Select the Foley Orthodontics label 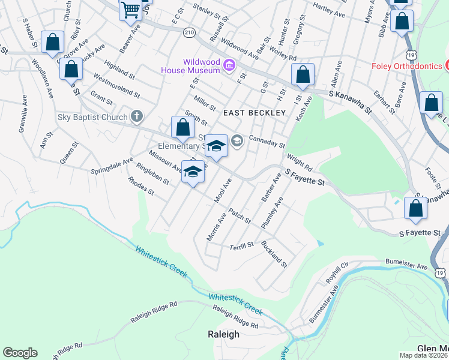[406, 66]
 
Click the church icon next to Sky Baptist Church [137, 116]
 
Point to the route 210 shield [190, 33]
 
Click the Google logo [20, 353]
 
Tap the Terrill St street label [242, 247]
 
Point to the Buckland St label [274, 253]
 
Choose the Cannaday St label [267, 140]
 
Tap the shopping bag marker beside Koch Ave [303, 75]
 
